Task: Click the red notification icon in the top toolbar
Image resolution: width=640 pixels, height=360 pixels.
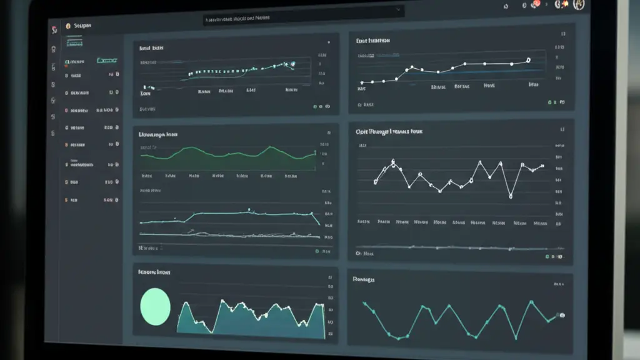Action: coord(534,5)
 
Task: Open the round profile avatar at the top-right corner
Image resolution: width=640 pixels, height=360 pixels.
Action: coord(578,4)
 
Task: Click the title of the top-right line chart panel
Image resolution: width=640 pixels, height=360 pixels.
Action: coord(372,41)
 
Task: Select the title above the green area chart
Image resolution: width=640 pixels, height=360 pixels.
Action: coord(157,134)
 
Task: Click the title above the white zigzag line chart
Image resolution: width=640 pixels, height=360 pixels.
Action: coord(389,132)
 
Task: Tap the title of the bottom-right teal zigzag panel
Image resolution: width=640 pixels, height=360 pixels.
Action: coord(363,279)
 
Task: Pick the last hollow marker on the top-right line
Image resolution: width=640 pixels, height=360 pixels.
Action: coord(528,61)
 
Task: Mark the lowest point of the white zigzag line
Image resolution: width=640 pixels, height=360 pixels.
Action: coord(511,196)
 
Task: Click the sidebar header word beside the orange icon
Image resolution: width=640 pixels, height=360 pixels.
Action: coord(82,26)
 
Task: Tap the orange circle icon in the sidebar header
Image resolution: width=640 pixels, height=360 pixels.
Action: coord(67,26)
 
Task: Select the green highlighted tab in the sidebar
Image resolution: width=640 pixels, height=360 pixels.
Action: coord(107,61)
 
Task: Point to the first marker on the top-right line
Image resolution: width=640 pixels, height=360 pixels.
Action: coord(361,82)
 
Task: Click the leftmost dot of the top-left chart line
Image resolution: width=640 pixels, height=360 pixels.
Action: coord(144,87)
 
